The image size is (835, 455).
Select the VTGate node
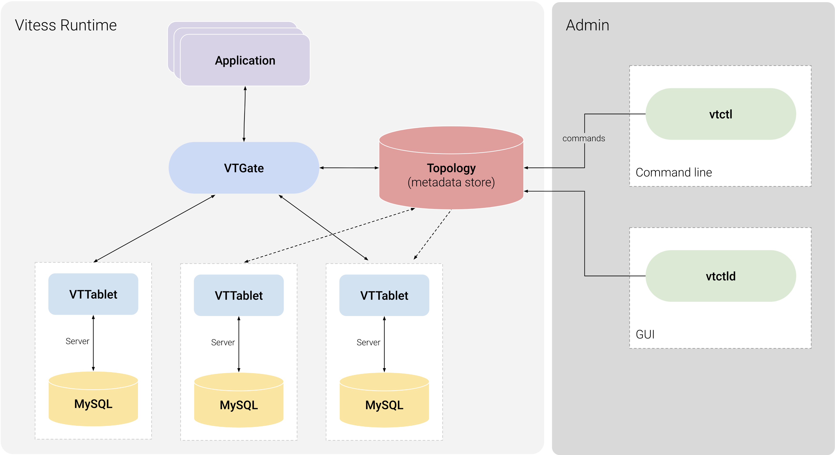click(x=244, y=168)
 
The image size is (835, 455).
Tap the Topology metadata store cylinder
click(x=451, y=175)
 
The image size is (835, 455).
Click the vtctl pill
click(x=721, y=114)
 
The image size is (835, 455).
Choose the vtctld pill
click(x=721, y=276)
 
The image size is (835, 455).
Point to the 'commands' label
click(x=584, y=138)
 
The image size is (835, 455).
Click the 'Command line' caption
click(x=673, y=173)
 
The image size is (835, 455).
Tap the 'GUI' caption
click(x=645, y=334)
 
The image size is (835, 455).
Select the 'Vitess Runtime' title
click(x=66, y=25)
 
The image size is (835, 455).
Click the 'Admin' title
click(x=587, y=25)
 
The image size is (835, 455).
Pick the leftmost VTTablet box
click(x=93, y=294)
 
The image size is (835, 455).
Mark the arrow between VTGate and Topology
click(x=349, y=168)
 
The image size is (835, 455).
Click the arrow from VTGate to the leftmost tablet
click(x=154, y=229)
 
